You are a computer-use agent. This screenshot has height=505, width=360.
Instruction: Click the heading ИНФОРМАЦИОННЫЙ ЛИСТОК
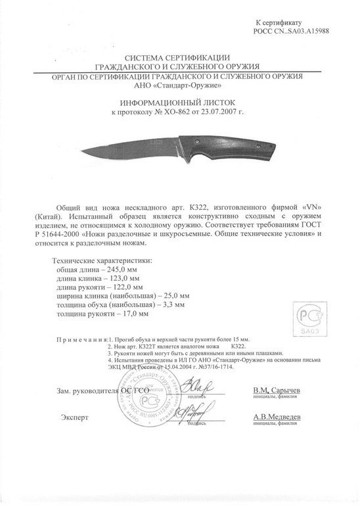pos(179,104)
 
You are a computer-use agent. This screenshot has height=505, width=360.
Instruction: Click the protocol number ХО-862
pos(171,113)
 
